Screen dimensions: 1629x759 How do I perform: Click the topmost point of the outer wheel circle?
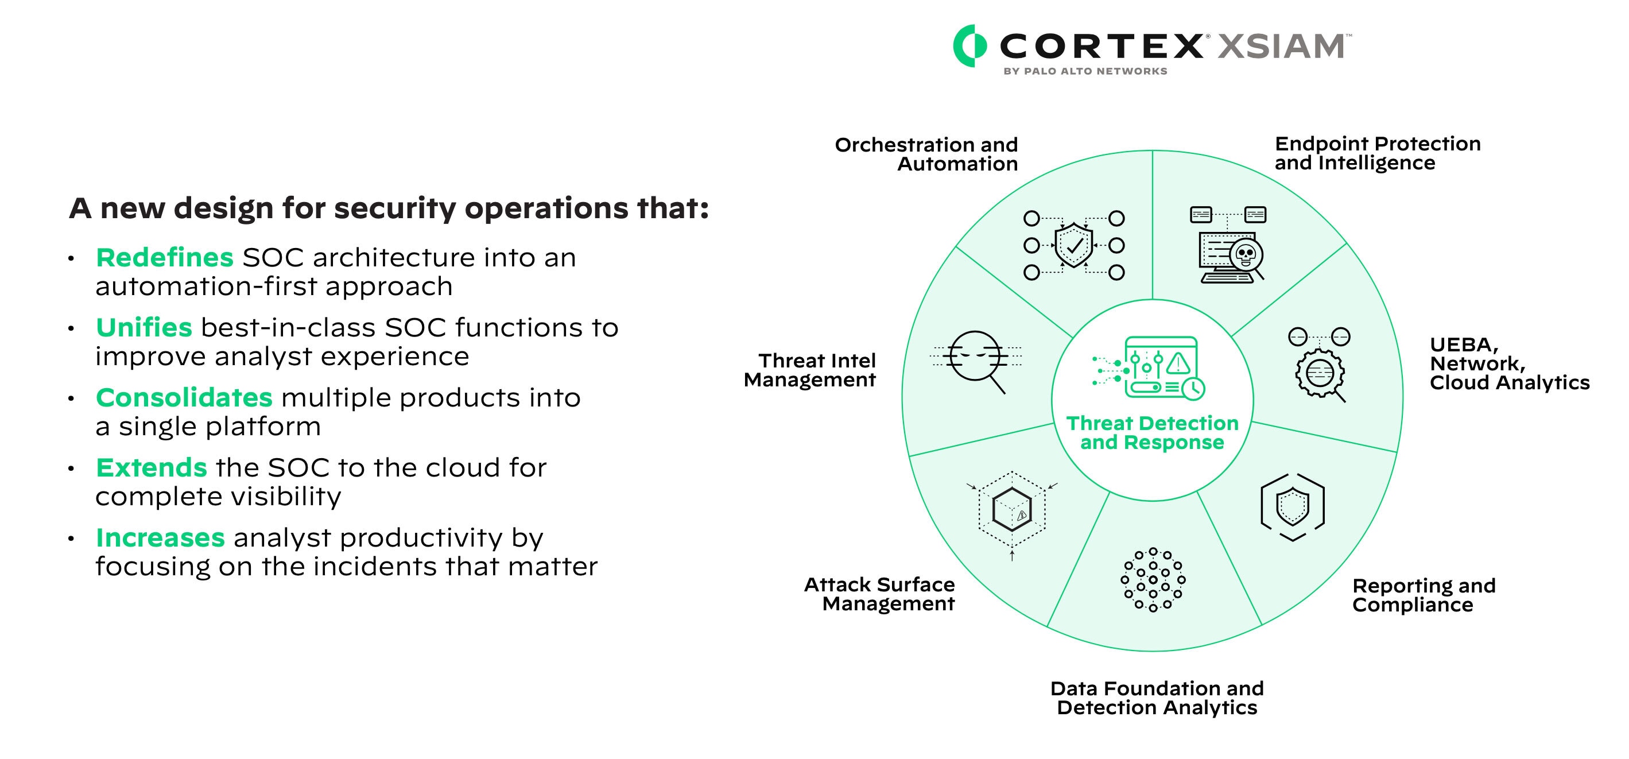[x=1152, y=150]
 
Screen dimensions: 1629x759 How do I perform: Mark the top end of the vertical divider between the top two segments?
[x=1152, y=150]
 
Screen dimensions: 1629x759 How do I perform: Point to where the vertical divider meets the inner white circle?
[x=1152, y=299]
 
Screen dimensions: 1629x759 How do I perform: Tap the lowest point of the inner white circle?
[x=1152, y=501]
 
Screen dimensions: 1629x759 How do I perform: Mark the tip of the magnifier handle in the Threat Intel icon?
[x=1005, y=393]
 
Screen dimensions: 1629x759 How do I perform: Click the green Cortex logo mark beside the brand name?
[x=969, y=45]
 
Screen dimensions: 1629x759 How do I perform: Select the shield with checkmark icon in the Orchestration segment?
[x=1074, y=245]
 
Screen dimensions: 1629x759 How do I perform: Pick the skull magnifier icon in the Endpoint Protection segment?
[x=1227, y=244]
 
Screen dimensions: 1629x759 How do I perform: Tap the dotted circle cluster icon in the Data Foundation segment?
[x=1153, y=579]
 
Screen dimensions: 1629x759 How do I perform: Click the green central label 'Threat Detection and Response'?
[x=1152, y=433]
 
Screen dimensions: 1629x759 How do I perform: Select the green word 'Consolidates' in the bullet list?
[x=184, y=398]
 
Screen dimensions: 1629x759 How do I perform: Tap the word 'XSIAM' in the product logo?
[x=1281, y=46]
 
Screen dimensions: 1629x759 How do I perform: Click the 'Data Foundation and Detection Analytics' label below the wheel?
[x=1157, y=698]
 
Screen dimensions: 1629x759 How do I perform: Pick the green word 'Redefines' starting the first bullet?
[x=164, y=257]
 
